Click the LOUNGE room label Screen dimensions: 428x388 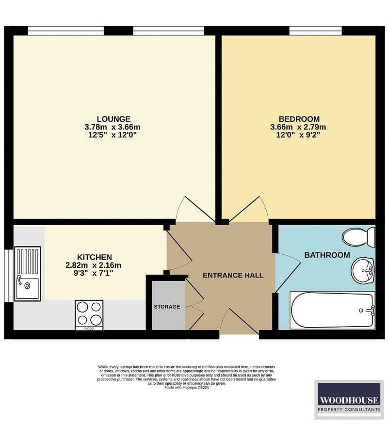(113, 119)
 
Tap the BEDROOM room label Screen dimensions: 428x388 (299, 119)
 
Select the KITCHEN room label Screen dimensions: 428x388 (95, 257)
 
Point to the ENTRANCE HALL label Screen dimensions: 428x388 (233, 275)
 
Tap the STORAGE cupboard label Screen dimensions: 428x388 (167, 307)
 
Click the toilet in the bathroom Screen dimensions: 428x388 (359, 237)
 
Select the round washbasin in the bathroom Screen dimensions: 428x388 (363, 270)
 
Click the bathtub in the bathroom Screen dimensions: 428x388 (332, 310)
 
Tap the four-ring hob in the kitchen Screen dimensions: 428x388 (89, 314)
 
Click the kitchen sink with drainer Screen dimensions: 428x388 (28, 274)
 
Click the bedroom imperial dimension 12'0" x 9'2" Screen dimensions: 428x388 (299, 135)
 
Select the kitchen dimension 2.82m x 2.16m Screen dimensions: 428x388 (93, 265)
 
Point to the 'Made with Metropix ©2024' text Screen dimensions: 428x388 (186, 388)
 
